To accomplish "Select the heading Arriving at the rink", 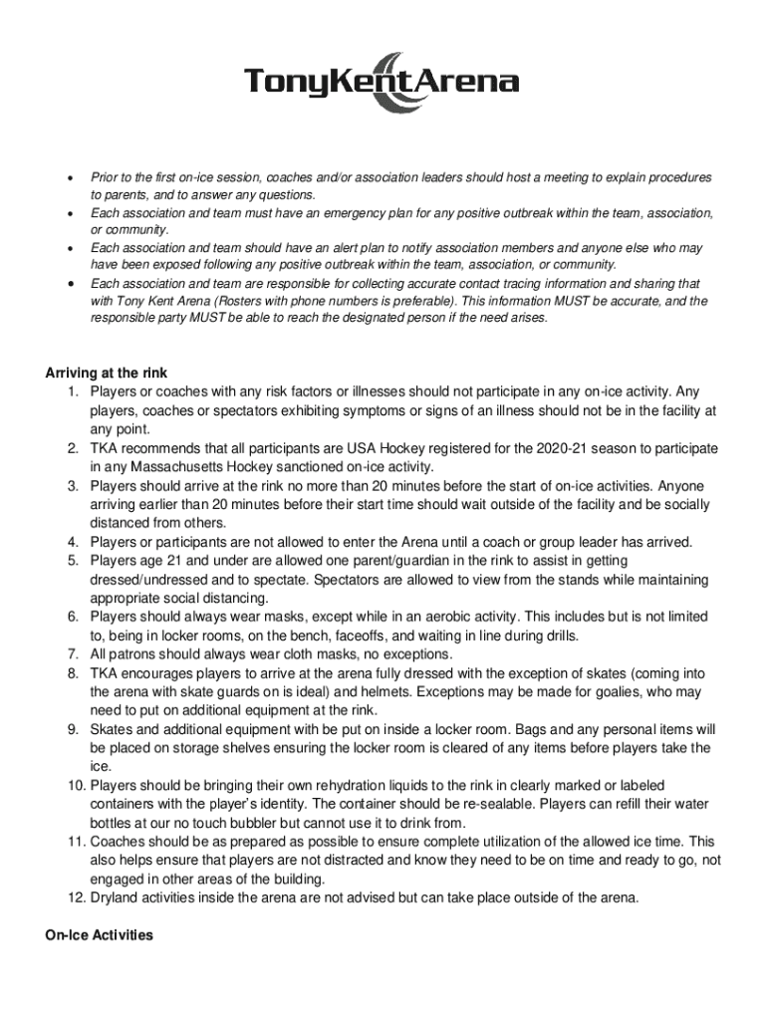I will [x=113, y=374].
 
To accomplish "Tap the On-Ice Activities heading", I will [x=99, y=935].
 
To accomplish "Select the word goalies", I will [x=627, y=691].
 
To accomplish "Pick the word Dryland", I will [x=118, y=897].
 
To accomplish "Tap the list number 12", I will [x=77, y=897].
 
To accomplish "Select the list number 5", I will [x=74, y=561].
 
